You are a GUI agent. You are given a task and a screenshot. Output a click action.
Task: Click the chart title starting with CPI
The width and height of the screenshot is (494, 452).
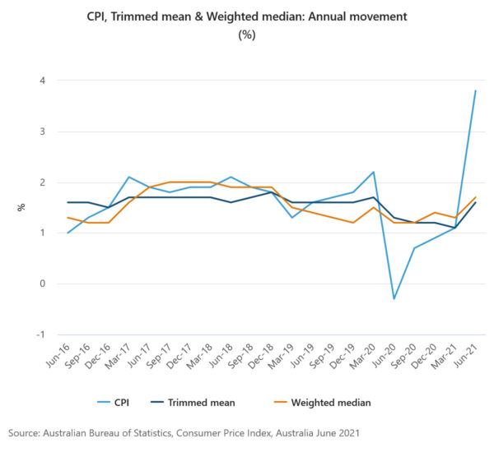click(246, 16)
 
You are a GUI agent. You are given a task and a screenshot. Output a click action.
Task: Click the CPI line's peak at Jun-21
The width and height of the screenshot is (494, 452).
click(476, 90)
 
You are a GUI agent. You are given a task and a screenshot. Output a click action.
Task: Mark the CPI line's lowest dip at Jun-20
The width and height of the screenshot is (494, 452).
click(394, 298)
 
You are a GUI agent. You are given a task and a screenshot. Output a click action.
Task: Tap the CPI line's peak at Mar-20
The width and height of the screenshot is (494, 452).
click(373, 172)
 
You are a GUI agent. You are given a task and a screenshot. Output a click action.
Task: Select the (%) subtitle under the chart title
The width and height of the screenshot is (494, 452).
click(246, 35)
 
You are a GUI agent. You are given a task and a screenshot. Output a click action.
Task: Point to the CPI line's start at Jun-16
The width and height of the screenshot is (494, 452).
click(68, 233)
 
